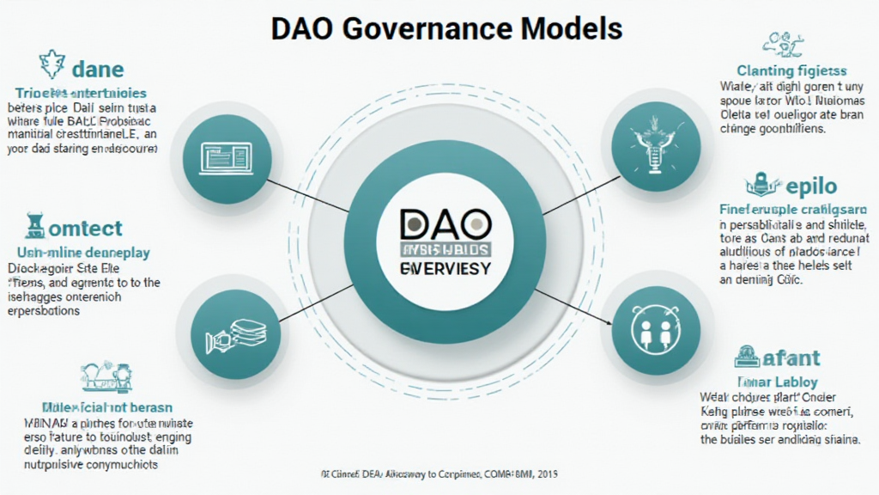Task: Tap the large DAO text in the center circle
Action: coord(446,225)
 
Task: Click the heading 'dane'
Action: coord(98,68)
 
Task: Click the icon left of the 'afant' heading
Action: coord(746,354)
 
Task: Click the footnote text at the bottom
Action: coord(438,474)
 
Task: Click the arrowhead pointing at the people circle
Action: coord(609,322)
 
